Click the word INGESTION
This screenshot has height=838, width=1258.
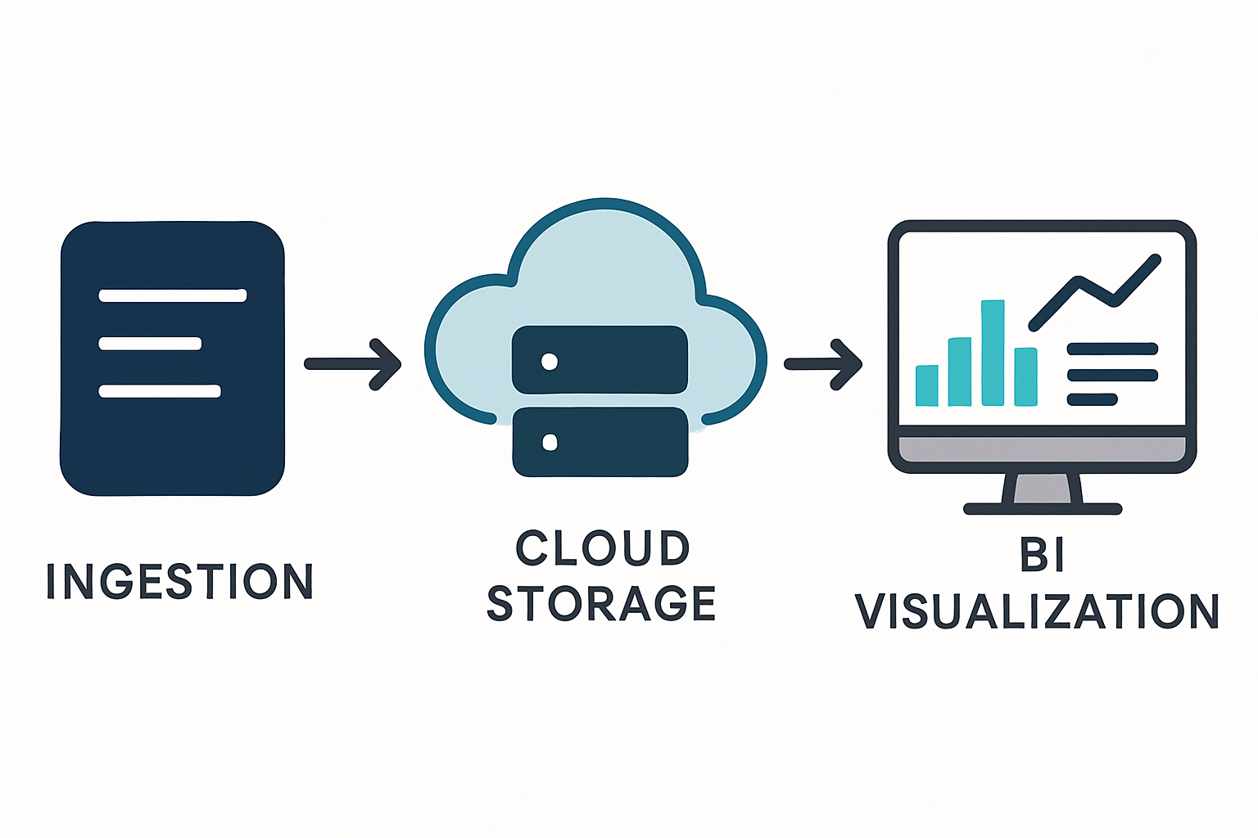(180, 581)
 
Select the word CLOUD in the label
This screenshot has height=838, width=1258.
(603, 548)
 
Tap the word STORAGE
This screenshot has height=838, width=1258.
(601, 604)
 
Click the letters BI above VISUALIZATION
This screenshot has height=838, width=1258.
(1042, 555)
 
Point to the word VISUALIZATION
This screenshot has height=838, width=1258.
(1037, 611)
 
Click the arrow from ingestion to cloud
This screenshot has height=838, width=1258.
(353, 364)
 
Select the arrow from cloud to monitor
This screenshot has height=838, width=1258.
(823, 364)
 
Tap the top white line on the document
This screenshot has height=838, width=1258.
(172, 295)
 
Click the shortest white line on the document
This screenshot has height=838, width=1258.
(150, 344)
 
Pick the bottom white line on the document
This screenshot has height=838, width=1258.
(160, 391)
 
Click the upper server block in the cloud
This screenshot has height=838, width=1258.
(600, 360)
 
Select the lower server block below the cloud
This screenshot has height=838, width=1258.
(600, 442)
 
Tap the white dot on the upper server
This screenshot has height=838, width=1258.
(550, 361)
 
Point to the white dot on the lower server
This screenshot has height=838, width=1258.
(550, 443)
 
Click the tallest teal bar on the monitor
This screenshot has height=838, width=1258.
(993, 353)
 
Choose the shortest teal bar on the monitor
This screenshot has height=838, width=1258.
(927, 385)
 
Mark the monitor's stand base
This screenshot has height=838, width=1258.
(1042, 509)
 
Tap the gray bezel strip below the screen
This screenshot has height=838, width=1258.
(1042, 449)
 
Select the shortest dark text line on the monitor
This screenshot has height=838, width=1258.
(1093, 399)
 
